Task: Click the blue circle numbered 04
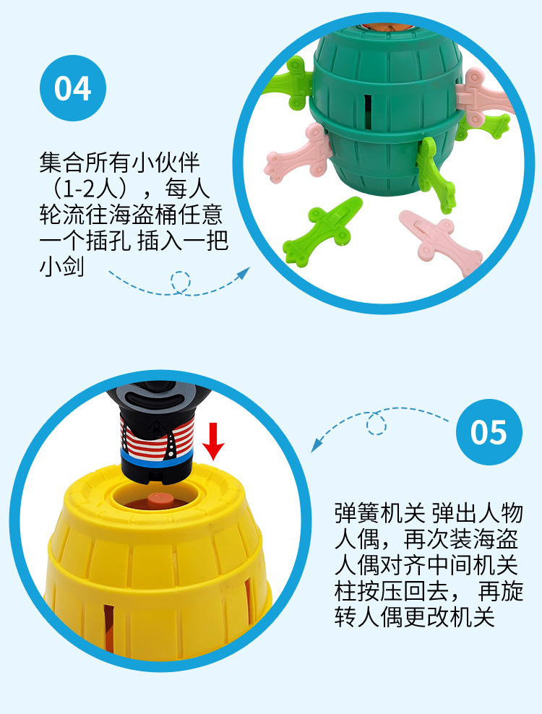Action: (x=73, y=88)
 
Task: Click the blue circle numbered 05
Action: (x=489, y=431)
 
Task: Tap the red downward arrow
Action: (x=213, y=441)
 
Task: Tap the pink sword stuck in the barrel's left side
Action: (x=298, y=152)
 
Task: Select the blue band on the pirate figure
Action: (x=157, y=457)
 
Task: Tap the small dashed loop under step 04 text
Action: (x=181, y=281)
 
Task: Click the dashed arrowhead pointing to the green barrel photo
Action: (x=244, y=272)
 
